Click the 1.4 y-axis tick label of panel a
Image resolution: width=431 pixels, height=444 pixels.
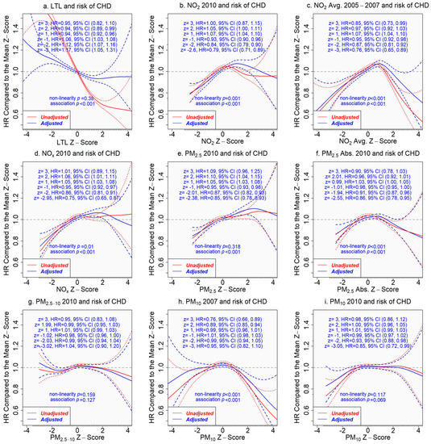(17, 33)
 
